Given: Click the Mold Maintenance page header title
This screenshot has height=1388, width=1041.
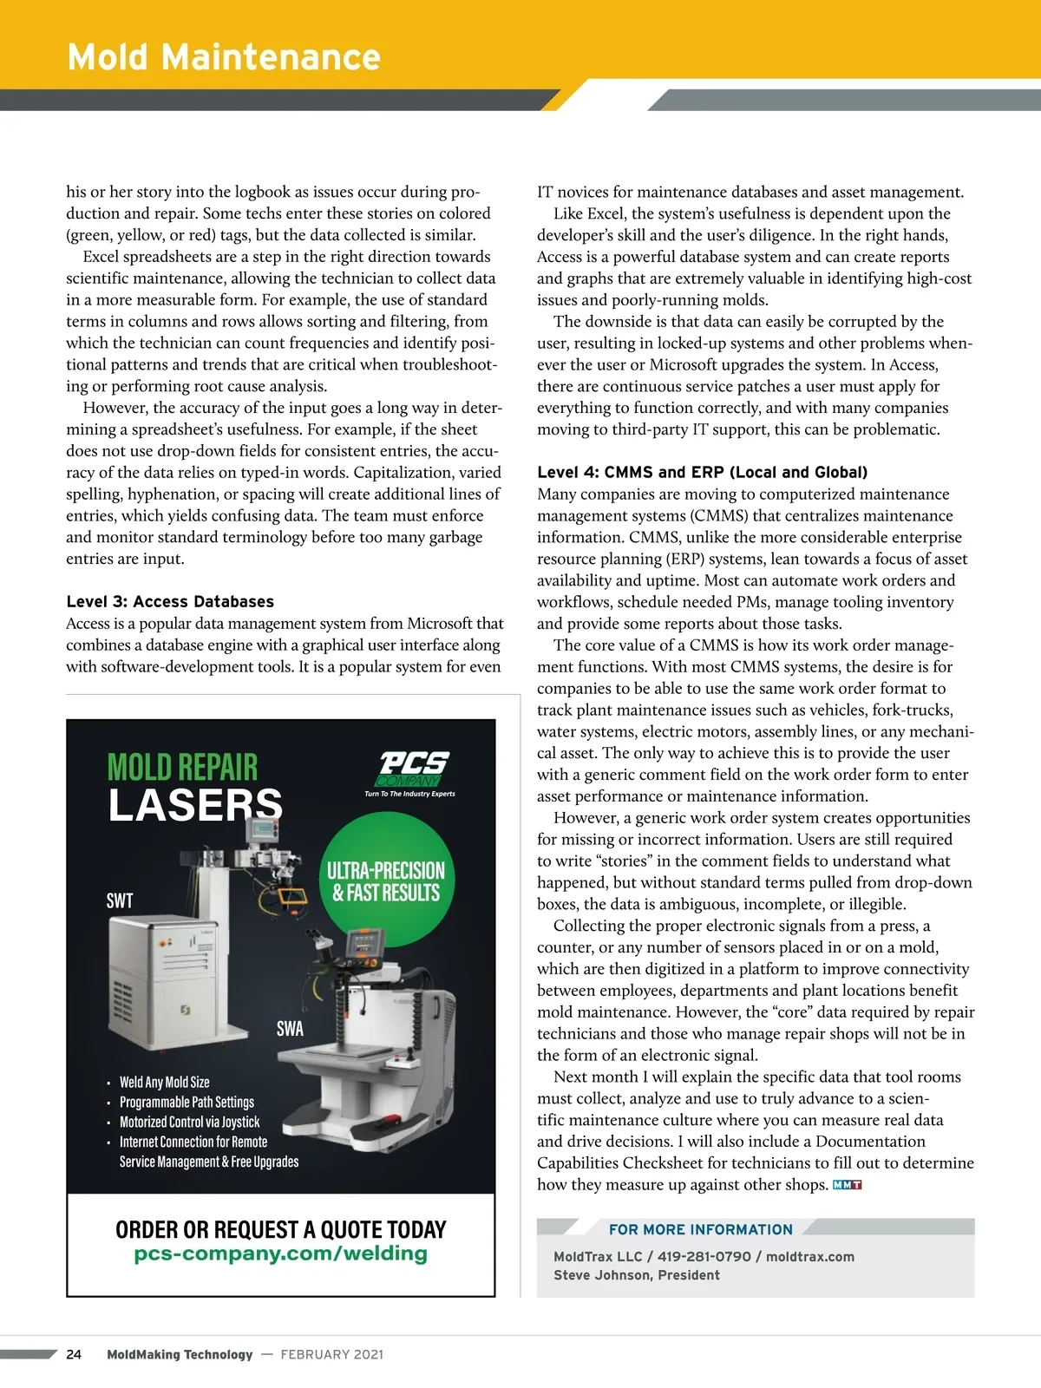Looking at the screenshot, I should pyautogui.click(x=224, y=57).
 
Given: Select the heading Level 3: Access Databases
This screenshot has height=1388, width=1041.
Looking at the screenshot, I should pyautogui.click(x=170, y=601).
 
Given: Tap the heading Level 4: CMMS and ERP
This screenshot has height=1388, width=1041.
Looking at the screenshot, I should pyautogui.click(x=702, y=472).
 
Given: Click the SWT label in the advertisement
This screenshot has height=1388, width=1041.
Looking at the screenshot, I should pyautogui.click(x=120, y=900).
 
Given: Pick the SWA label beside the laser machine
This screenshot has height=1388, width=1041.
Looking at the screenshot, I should pyautogui.click(x=290, y=1029).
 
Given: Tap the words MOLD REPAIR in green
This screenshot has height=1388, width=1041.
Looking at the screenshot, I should pyautogui.click(x=182, y=767).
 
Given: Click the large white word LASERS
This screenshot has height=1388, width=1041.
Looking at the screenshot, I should pyautogui.click(x=195, y=806).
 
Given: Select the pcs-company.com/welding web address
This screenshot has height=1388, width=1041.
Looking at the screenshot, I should pyautogui.click(x=280, y=1254).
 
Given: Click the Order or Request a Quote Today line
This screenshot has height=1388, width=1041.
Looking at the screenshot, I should pyautogui.click(x=280, y=1229).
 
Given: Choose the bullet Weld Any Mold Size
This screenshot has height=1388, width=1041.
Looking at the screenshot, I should pyautogui.click(x=164, y=1082).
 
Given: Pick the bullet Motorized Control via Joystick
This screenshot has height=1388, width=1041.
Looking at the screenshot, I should pyautogui.click(x=189, y=1122).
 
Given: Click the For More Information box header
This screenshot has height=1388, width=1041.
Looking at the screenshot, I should pyautogui.click(x=700, y=1229).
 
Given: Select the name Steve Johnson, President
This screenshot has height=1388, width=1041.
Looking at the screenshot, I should pyautogui.click(x=637, y=1275).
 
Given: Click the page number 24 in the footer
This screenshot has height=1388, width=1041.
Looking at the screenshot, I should pyautogui.click(x=74, y=1354).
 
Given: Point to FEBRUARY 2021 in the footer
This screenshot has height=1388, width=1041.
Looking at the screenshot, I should pyautogui.click(x=331, y=1354).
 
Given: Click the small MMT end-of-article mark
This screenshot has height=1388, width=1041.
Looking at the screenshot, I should pyautogui.click(x=847, y=1185).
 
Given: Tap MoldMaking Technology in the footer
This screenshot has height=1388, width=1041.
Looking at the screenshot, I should pyautogui.click(x=180, y=1354).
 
